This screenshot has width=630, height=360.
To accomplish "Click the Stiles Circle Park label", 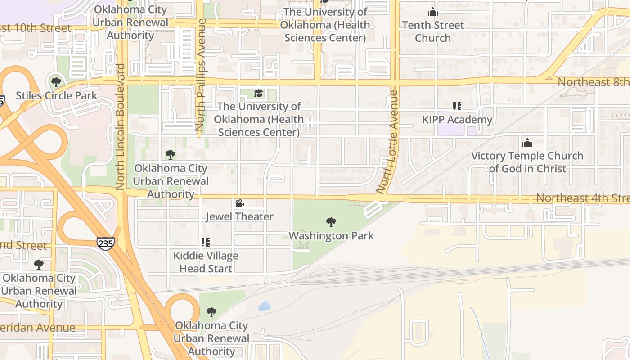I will point(57,95).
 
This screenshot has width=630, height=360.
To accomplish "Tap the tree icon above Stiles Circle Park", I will point(56,82).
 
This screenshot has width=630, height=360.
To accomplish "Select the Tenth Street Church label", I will point(433,31).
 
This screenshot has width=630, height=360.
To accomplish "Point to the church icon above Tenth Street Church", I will point(433,12).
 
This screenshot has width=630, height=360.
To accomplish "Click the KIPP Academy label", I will point(457,120).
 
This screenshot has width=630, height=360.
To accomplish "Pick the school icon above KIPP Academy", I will point(457,107).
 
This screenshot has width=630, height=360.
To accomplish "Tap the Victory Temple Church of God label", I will point(527,162).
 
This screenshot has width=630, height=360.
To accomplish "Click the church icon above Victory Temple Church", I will point(527,143).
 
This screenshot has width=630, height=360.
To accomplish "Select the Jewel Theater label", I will point(239,216).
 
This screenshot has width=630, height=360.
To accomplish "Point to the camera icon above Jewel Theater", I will point(239,203).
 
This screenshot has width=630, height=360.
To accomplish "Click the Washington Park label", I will point(331,236).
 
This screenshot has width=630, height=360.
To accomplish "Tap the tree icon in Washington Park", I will point(331,222).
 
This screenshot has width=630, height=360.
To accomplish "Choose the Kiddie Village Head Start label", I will point(206,262).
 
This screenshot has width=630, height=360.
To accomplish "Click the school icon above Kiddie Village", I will point(206,243).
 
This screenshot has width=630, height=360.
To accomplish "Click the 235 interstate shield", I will point(105,243).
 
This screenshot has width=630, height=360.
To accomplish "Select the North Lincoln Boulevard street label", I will point(121,126).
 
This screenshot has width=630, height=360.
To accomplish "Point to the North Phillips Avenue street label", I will point(201,75).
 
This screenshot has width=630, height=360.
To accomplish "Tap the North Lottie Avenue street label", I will point(388,142).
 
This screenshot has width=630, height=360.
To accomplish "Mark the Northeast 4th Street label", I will point(582,198).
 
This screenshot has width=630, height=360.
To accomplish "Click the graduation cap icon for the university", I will point(258,93).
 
